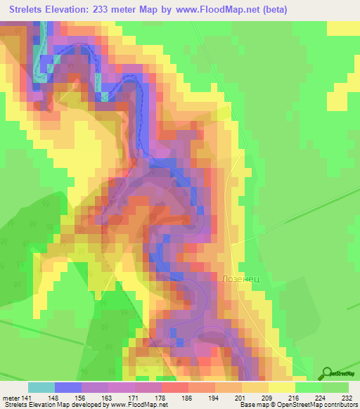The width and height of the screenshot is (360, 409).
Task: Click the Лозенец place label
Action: point(241,278)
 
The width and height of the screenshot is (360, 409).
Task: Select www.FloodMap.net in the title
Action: point(211,10)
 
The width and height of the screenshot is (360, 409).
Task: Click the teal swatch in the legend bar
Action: point(41,387)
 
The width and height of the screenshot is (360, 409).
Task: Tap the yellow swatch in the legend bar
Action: point(281,387)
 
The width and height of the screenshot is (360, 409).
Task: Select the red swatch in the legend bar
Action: point(174,387)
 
